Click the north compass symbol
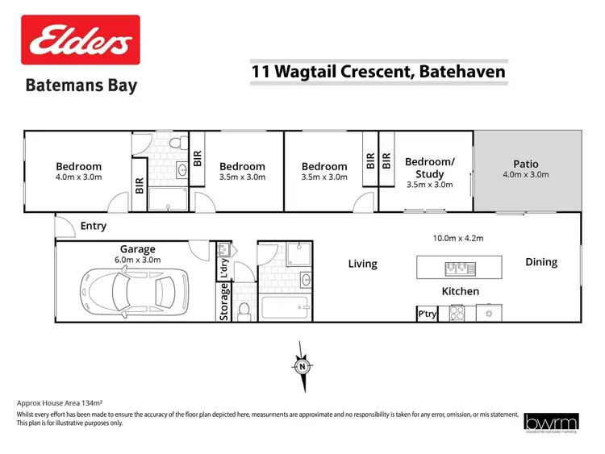tap(302, 365)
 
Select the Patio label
tap(526, 164)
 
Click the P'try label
tap(426, 313)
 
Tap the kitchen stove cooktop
tap(457, 313)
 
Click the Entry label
tap(93, 227)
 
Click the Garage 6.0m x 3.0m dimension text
tap(137, 260)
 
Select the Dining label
tap(541, 262)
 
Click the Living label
tap(362, 264)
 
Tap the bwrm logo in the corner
tap(551, 423)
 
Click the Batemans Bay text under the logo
tap(81, 85)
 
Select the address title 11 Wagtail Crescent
tap(378, 72)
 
